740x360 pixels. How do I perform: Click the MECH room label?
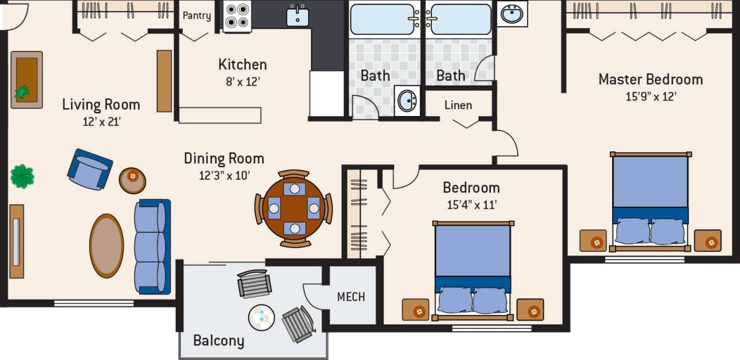[351, 297]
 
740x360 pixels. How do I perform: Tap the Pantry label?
[197, 16]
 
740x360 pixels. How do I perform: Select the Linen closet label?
[458, 105]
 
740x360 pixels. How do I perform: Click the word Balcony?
[219, 340]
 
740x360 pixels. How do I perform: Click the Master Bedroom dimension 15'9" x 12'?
[650, 97]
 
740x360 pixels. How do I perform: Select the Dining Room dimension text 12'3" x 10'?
[224, 175]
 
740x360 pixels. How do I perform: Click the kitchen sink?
[298, 16]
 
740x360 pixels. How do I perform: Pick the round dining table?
[294, 209]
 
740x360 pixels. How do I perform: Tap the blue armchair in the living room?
[90, 169]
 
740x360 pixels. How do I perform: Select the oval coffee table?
[106, 246]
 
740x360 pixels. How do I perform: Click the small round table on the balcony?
[261, 317]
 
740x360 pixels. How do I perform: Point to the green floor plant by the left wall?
[22, 176]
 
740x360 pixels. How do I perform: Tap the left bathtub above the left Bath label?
[384, 19]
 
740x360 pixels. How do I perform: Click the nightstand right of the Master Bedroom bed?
[708, 240]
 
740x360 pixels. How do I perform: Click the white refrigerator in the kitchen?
[327, 94]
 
